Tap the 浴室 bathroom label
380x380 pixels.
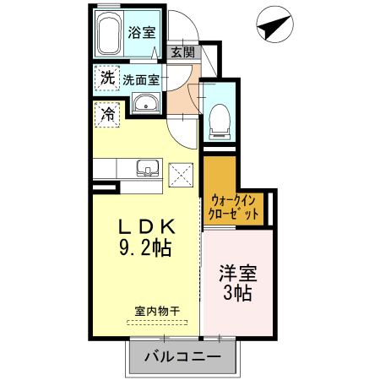141,34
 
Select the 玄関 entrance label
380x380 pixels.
182,52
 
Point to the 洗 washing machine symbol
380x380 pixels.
106,78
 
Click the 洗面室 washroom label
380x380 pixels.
140,81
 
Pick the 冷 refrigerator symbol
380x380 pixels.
107,112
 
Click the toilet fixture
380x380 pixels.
220,117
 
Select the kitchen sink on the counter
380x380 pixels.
146,167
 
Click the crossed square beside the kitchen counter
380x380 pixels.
182,176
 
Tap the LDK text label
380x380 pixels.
147,227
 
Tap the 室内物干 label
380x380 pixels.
157,310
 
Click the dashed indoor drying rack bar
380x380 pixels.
158,322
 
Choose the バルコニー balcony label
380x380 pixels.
182,357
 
